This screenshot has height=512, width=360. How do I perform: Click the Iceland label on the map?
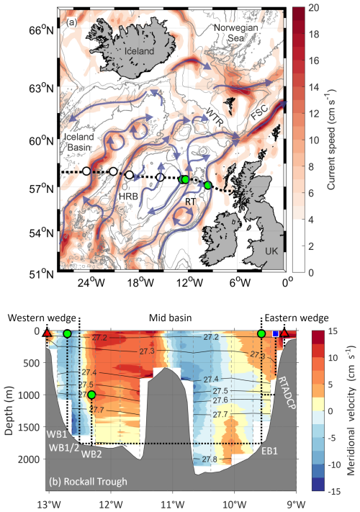coord(140,53)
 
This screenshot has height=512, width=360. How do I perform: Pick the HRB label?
coord(127,196)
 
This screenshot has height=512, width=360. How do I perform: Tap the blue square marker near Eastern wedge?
coord(275,333)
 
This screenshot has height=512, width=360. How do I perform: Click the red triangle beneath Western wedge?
coord(48,333)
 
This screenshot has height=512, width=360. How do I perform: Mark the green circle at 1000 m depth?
coord(91,394)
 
